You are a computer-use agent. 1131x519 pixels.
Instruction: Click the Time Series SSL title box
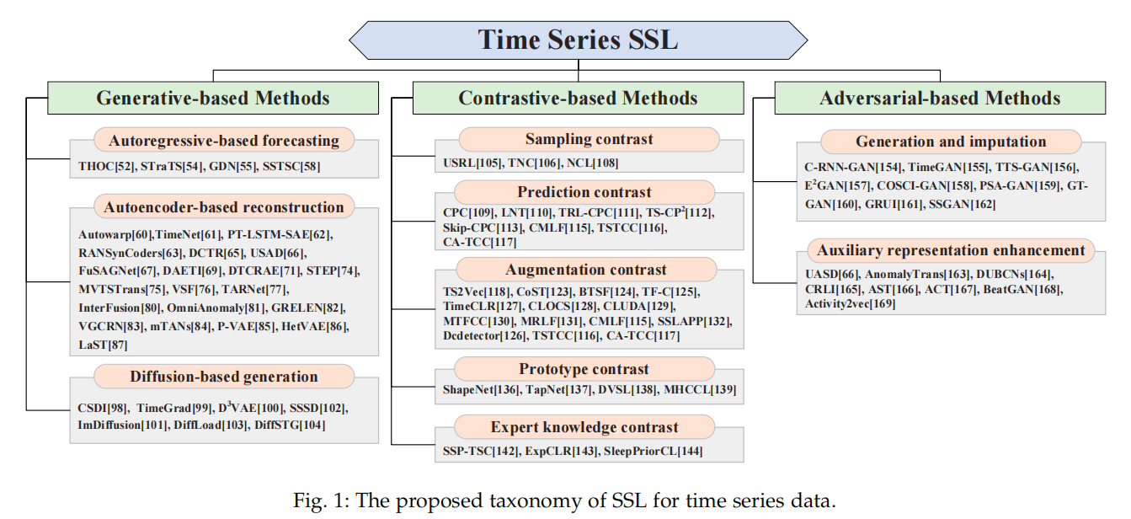click(x=578, y=39)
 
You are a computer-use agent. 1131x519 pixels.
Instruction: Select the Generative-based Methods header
click(x=213, y=98)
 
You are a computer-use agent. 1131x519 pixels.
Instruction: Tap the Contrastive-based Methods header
click(x=578, y=98)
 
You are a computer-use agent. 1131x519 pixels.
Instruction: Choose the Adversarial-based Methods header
click(x=940, y=98)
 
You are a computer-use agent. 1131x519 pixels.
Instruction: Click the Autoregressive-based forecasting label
click(x=224, y=140)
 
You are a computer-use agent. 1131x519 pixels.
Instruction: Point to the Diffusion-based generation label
click(x=224, y=376)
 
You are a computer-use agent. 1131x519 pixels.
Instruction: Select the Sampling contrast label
click(x=589, y=139)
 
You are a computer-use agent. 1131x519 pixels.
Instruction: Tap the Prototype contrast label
click(x=584, y=369)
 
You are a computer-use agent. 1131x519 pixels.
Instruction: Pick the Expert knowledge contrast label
click(x=584, y=426)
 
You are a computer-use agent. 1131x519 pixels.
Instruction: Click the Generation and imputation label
click(x=951, y=142)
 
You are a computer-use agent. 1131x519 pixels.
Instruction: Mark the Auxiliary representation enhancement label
click(x=951, y=250)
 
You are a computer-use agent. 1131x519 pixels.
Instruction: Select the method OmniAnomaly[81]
click(x=206, y=309)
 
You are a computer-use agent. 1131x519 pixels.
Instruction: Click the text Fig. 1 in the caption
click(x=322, y=501)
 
